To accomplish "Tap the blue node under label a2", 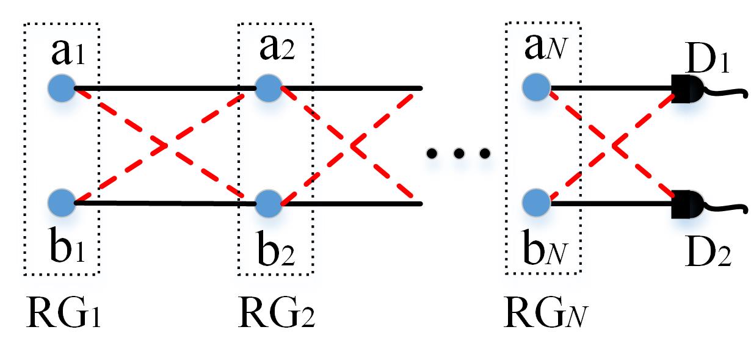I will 267,88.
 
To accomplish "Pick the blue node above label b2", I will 267,203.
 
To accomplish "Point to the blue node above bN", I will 536,203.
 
